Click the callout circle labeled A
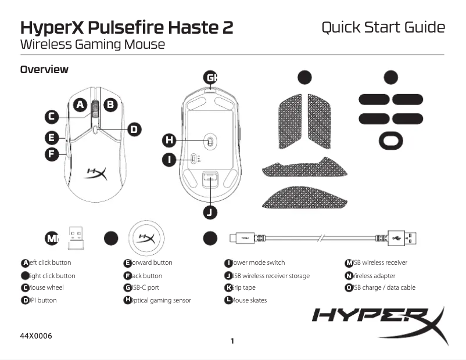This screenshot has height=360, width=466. pos(80,105)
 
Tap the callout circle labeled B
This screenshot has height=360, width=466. pos(110,105)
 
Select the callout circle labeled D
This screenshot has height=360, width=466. pos(134,129)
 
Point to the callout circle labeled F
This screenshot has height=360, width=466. pos(52,154)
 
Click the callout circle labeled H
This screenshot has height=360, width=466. pos(169,140)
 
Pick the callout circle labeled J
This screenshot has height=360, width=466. pos(210,213)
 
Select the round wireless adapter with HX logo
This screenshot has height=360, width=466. pos(145,238)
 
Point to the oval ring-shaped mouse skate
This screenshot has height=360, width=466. pos(391,141)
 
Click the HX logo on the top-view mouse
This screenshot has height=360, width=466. pos(96,172)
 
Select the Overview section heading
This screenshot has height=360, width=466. pos(44,70)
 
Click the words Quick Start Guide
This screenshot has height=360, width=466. pos(383,27)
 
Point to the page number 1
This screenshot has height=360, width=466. pos(232,341)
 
